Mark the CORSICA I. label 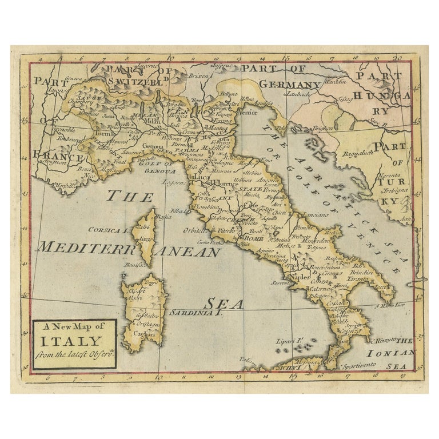point(107,230)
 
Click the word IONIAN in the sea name point(393,353)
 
